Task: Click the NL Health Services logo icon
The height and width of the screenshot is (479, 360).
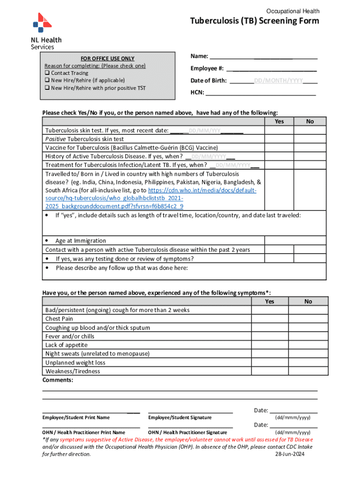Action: [x=42, y=23]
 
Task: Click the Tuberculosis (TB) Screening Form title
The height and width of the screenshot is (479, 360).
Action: [x=254, y=21]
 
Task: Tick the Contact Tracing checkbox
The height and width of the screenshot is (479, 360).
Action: [x=47, y=73]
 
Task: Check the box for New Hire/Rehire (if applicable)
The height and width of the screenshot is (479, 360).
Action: [x=47, y=80]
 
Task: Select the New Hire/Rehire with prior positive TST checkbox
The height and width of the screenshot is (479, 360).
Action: [x=47, y=88]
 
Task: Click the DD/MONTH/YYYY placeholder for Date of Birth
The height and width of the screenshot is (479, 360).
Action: [x=278, y=80]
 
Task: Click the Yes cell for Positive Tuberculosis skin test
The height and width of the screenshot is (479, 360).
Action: [x=279, y=139]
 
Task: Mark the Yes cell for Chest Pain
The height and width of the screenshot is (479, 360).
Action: [x=269, y=319]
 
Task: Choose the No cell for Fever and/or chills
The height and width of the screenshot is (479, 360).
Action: [x=308, y=336]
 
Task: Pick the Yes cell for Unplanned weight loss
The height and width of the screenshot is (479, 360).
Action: [x=269, y=363]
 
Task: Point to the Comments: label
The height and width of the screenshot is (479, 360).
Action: [x=58, y=380]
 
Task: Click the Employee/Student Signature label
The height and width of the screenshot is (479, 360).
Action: [x=180, y=418]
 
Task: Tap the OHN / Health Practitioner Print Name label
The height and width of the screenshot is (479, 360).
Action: [x=84, y=433]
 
